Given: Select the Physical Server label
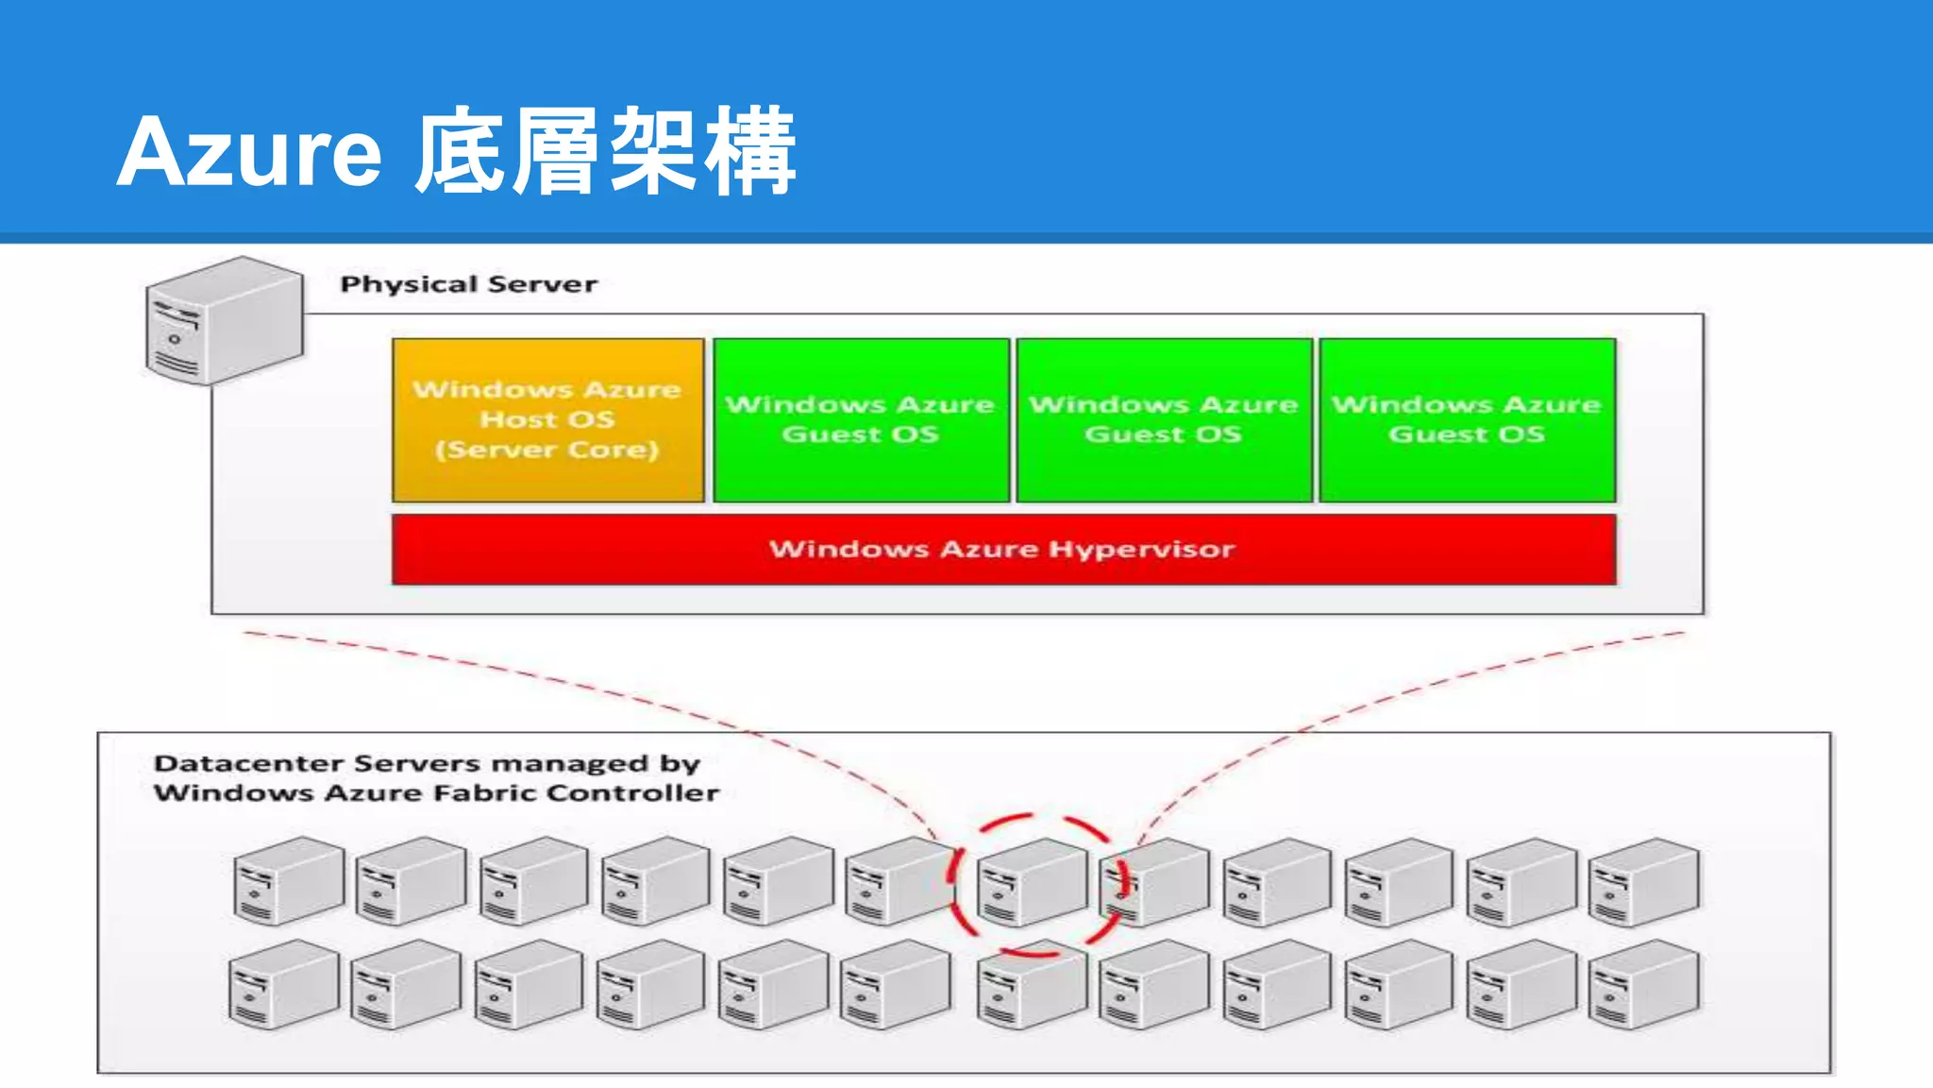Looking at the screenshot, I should [x=468, y=284].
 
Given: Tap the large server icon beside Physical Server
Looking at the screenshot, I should [x=225, y=321].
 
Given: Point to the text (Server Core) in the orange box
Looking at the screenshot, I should [x=547, y=450].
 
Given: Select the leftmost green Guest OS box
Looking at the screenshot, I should [x=861, y=419].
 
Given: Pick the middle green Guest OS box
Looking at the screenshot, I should [x=1164, y=419].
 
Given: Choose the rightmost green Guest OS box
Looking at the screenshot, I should [x=1467, y=419].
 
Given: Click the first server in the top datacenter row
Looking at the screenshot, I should [x=288, y=880].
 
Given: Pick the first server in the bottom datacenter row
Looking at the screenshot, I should [x=283, y=984].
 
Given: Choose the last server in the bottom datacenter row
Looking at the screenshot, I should [x=1643, y=984].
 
